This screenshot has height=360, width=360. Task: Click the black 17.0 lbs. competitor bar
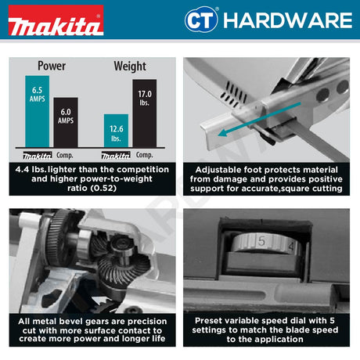point(144,113)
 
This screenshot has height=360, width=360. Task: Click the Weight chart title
point(130,66)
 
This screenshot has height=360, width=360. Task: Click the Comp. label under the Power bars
point(65,155)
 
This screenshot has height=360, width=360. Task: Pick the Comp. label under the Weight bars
point(145,155)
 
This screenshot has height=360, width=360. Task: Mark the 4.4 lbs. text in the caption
point(37,167)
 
